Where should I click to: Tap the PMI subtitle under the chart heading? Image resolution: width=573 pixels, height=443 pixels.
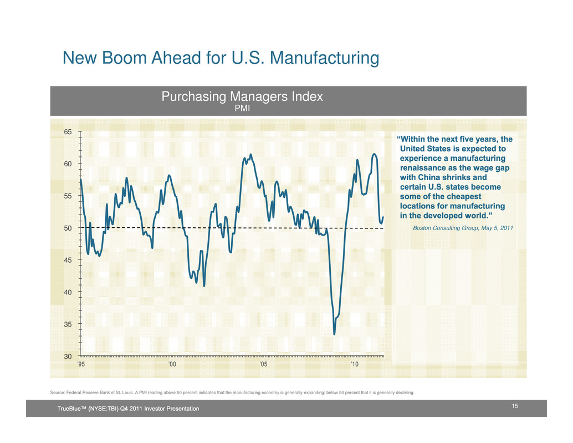click(x=242, y=108)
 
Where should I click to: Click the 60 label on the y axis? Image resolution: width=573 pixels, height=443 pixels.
click(x=68, y=164)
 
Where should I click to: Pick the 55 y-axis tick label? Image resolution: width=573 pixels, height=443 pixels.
click(x=68, y=196)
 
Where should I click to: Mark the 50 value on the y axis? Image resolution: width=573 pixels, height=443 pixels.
click(x=68, y=228)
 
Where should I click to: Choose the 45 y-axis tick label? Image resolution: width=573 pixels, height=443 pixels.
click(x=68, y=260)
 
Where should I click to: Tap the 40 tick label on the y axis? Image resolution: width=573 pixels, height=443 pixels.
click(x=68, y=292)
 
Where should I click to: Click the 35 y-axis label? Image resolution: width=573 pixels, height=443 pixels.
click(x=68, y=324)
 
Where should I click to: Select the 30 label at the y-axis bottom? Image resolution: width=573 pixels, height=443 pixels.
click(x=68, y=356)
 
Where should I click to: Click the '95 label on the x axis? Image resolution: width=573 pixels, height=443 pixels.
click(x=81, y=364)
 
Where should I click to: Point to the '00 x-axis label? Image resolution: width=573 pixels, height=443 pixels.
click(x=172, y=364)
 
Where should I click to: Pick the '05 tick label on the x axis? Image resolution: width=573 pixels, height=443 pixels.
click(x=264, y=364)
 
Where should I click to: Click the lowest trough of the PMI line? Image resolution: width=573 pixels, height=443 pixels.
click(x=334, y=334)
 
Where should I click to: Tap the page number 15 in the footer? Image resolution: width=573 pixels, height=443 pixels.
click(x=515, y=407)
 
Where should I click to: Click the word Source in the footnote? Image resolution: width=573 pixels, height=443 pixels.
click(x=58, y=393)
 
